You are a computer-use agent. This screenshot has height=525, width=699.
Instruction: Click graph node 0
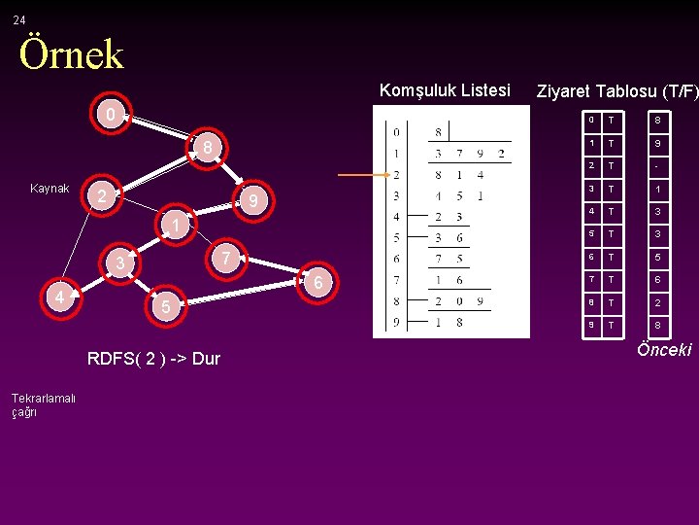pyautogui.click(x=111, y=115)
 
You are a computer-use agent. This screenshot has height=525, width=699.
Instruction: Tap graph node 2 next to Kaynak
pyautogui.click(x=100, y=196)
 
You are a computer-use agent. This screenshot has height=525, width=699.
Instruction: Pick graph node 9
pyautogui.click(x=251, y=202)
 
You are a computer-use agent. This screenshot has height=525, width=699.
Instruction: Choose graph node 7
pyautogui.click(x=225, y=258)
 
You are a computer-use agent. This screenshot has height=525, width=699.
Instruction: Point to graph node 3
pyautogui.click(x=119, y=263)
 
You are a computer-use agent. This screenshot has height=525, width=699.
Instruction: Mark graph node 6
pyautogui.click(x=317, y=282)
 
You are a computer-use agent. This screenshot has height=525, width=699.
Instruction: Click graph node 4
pyautogui.click(x=60, y=297)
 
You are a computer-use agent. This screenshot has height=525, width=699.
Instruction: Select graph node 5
pyautogui.click(x=166, y=307)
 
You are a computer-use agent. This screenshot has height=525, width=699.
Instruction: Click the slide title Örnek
pyautogui.click(x=72, y=54)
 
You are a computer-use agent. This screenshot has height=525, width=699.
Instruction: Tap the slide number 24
pyautogui.click(x=19, y=19)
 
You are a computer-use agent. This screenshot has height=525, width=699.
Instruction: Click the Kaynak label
pyautogui.click(x=50, y=189)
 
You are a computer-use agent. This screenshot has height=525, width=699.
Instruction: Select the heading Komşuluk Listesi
pyautogui.click(x=444, y=90)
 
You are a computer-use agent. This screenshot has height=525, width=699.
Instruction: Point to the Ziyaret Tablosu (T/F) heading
pyautogui.click(x=616, y=91)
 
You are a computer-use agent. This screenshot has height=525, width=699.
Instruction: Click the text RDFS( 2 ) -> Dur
pyautogui.click(x=153, y=359)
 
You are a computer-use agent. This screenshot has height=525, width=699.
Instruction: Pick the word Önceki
pyautogui.click(x=663, y=350)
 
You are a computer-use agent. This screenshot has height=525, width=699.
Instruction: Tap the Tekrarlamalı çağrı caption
pyautogui.click(x=43, y=404)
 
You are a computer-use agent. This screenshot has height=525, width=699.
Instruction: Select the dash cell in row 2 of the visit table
pyautogui.click(x=658, y=165)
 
